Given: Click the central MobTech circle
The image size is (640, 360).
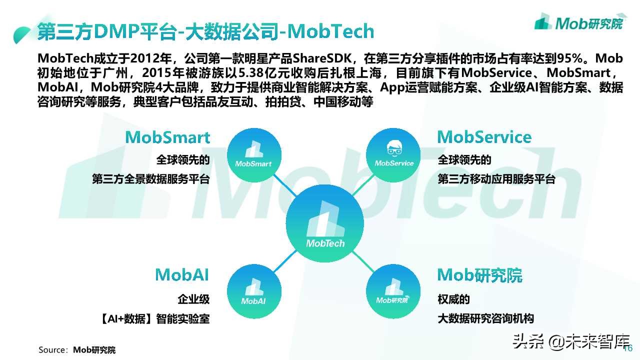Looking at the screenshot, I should pos(325,224).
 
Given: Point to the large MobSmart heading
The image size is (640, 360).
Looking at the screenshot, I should pos(167,137).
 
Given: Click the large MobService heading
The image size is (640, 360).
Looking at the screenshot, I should pos(484,137).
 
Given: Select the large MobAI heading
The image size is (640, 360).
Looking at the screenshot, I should pos(182,274).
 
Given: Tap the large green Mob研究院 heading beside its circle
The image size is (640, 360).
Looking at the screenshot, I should pos(479,275).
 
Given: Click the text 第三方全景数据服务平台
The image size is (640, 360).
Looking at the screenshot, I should pos(150,179).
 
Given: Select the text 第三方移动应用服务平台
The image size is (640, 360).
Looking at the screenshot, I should pos(496,179).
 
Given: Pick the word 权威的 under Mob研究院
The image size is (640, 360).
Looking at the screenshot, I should pos(453,299).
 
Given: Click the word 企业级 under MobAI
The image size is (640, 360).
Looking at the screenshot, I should pos(193,299).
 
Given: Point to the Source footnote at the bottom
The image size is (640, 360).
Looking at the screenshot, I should pos(77,350).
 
